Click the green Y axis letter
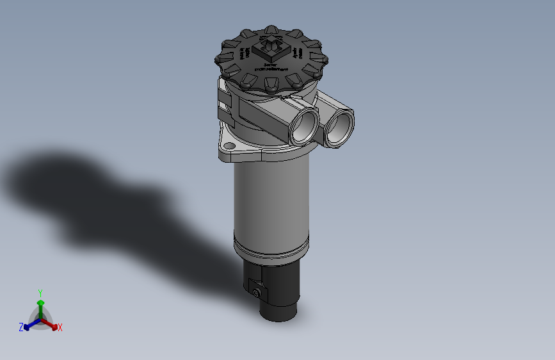(40, 291)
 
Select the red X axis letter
(60, 328)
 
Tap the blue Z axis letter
(21, 327)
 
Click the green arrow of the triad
(40, 302)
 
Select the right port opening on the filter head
(339, 126)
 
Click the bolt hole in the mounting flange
(230, 146)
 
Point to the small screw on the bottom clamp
(257, 293)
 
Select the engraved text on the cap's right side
(297, 53)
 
